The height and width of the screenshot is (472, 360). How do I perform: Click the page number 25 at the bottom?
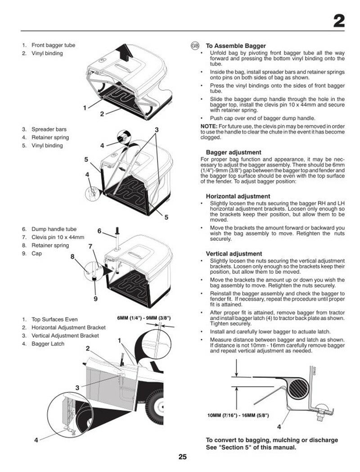click(182, 457)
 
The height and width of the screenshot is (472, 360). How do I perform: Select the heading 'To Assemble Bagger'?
click(236, 46)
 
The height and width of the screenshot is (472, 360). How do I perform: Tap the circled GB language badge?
click(195, 46)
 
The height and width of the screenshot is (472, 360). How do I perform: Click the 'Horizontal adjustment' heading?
click(238, 196)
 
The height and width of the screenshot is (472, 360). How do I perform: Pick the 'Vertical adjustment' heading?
click(234, 254)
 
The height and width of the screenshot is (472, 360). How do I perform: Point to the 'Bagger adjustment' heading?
click(234, 152)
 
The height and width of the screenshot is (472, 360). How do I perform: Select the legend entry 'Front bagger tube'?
click(53, 45)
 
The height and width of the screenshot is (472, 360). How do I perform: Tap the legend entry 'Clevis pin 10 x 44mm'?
click(58, 237)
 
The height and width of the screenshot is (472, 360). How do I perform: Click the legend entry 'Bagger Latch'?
click(48, 344)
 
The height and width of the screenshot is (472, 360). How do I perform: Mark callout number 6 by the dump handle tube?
click(99, 231)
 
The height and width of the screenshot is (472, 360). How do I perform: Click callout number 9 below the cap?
click(95, 298)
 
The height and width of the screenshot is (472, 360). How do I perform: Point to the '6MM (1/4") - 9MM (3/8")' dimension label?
click(144, 318)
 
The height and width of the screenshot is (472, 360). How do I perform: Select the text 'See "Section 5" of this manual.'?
click(251, 447)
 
